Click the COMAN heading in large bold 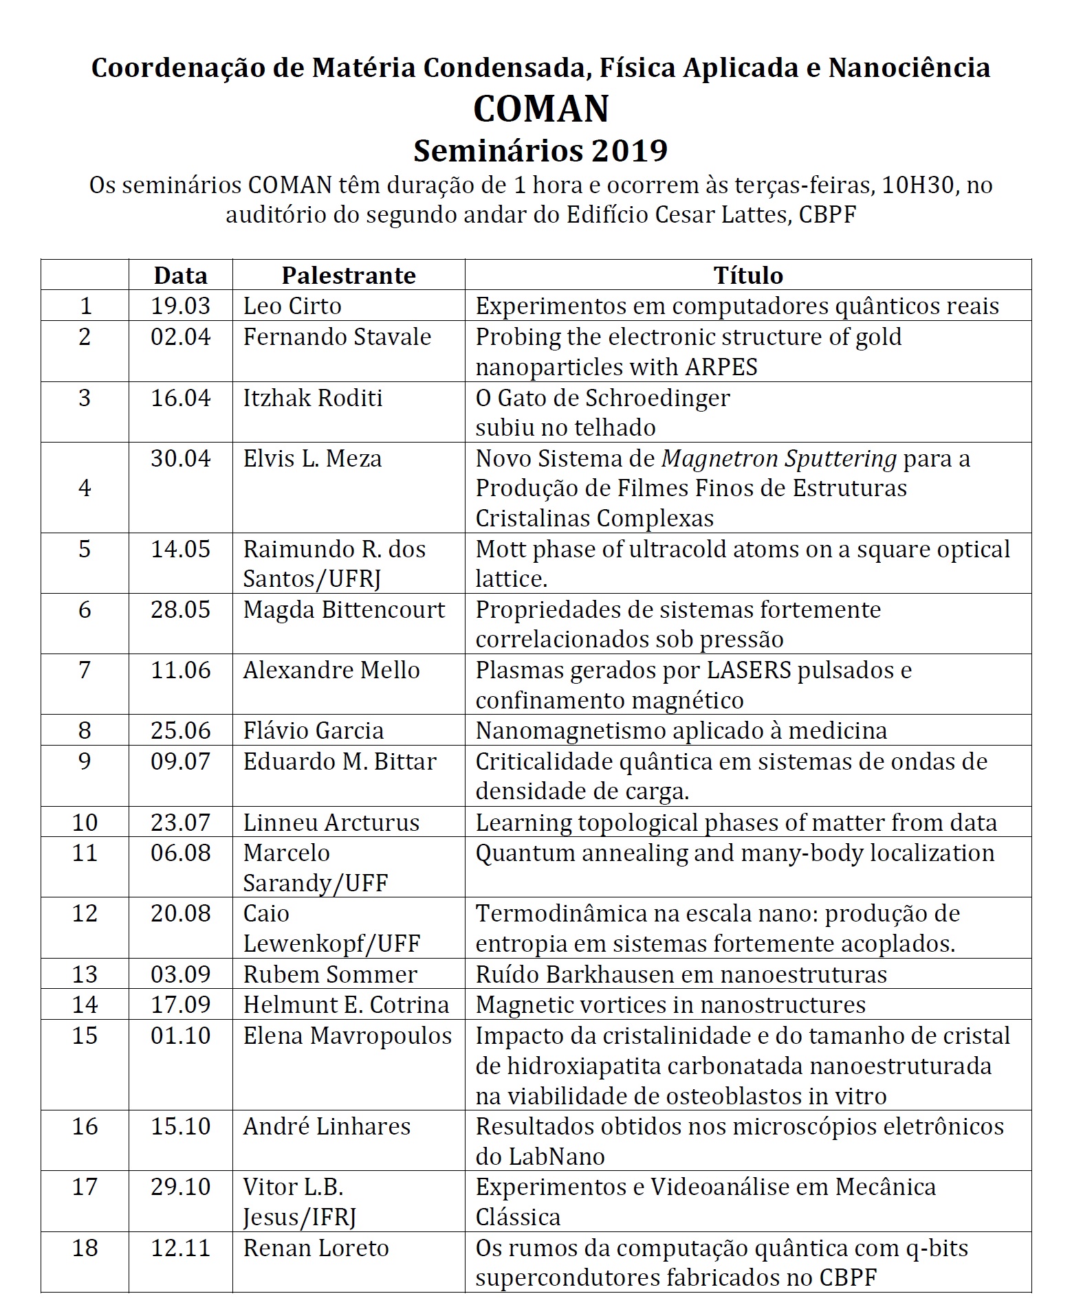(541, 109)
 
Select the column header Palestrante (349, 276)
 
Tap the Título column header (748, 276)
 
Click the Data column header (180, 276)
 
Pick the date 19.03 (180, 306)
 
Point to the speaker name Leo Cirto (292, 306)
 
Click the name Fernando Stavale (337, 337)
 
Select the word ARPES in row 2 (721, 367)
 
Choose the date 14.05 (180, 549)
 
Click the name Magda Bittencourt (344, 610)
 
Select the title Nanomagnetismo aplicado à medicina (681, 730)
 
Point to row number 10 (85, 823)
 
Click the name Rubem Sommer (330, 974)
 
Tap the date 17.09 (180, 1005)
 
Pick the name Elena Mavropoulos (347, 1036)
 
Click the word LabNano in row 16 (556, 1157)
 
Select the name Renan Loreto (316, 1248)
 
